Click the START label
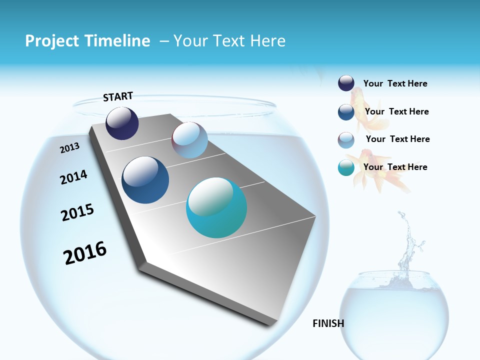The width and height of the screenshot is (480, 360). pos(118,96)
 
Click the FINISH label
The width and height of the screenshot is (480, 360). pos(328,323)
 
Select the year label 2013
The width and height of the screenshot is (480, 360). pos(69,147)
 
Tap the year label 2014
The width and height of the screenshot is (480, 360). pos(73,177)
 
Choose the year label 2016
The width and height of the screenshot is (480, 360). pos(85,252)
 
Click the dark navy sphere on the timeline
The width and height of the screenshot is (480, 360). pos(122,123)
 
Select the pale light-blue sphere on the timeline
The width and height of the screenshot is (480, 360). pos(189,140)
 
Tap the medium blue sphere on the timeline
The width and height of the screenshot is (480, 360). pos(145,180)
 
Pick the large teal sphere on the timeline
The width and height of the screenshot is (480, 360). pos(216,207)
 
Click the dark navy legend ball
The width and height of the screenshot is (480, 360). pos(346,83)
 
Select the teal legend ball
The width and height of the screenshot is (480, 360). pos(346,167)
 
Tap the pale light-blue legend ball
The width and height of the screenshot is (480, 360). pos(346,140)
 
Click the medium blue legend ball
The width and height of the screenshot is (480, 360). pos(346,112)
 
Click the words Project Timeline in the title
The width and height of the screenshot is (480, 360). pos(87,41)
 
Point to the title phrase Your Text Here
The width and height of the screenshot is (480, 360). pos(229,41)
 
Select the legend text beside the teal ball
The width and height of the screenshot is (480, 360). pos(395,167)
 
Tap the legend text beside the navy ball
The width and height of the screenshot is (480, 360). pos(395,83)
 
